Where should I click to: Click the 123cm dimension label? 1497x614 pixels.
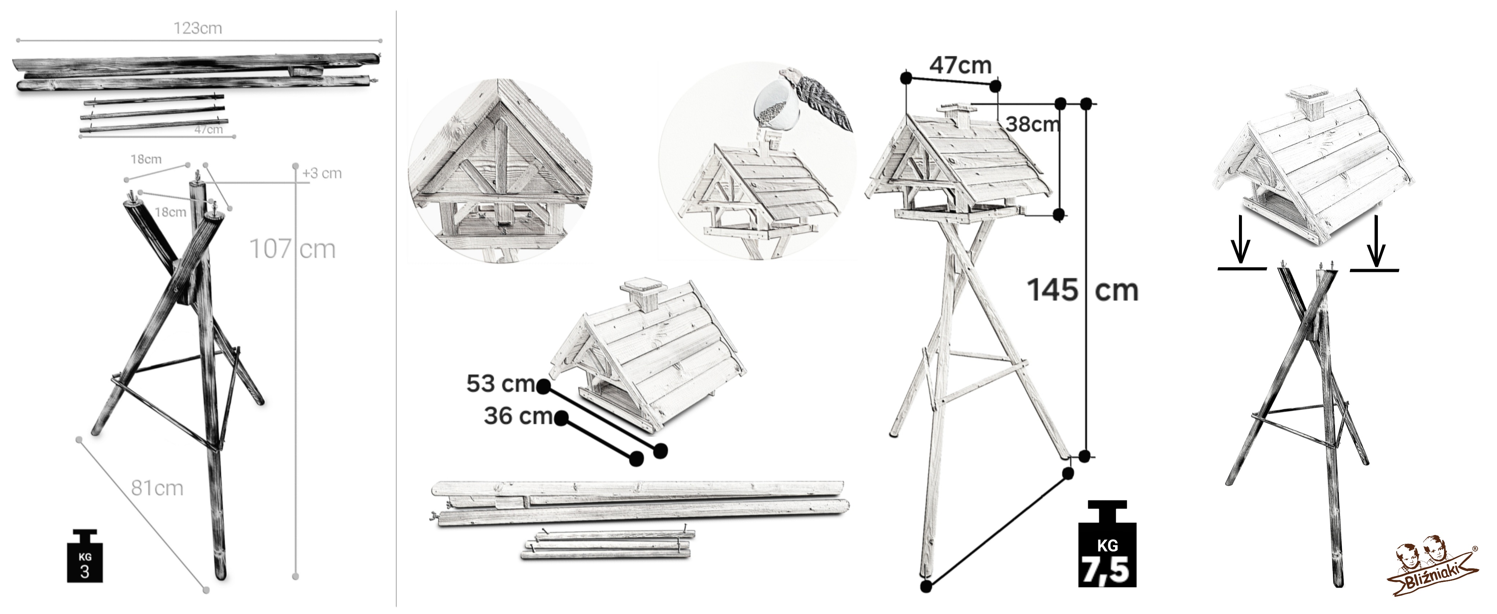coord(198,28)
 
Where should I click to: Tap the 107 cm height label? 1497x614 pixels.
coord(292,249)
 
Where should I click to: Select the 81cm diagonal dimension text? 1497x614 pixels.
coord(157,488)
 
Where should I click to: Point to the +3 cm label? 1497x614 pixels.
coord(322,173)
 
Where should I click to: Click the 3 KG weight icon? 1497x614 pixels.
coord(85,556)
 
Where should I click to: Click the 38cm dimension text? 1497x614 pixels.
coord(1032,124)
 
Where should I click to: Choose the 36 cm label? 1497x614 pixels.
coord(518,416)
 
